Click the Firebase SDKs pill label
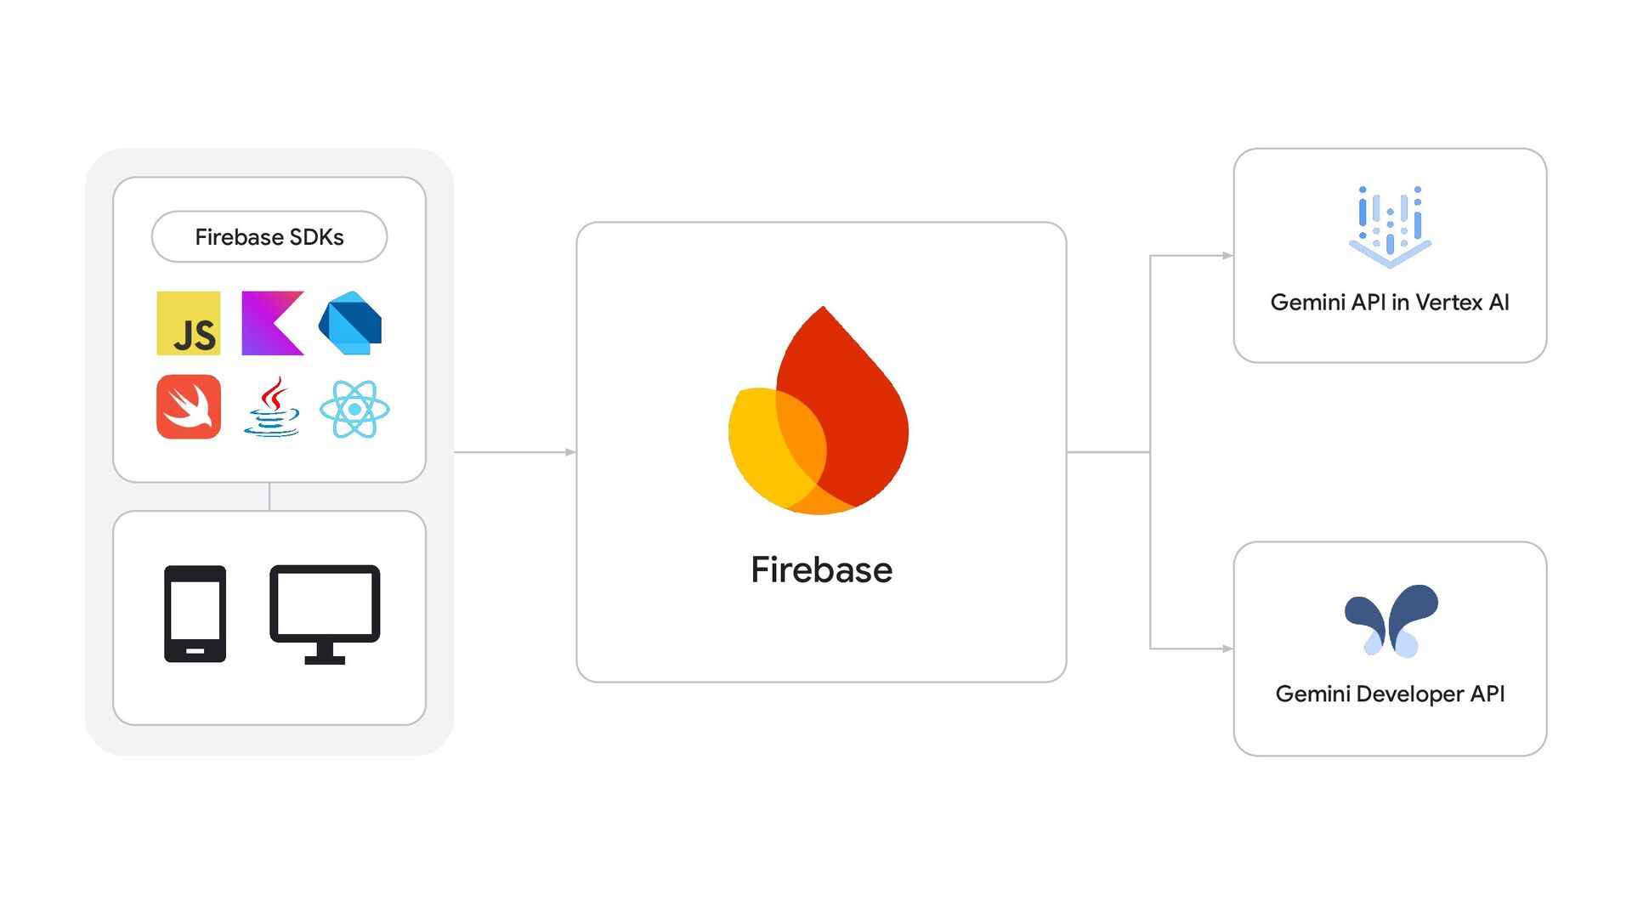click(x=269, y=237)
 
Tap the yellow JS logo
click(x=189, y=324)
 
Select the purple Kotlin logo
click(x=272, y=324)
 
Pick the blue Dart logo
click(x=350, y=324)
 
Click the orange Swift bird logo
click(x=189, y=407)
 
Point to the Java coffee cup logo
click(x=272, y=408)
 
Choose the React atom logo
click(x=354, y=410)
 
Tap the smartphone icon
click(x=195, y=614)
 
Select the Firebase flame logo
click(x=819, y=412)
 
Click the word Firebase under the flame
click(x=821, y=570)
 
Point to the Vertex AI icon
click(x=1390, y=226)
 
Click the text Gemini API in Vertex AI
click(x=1390, y=303)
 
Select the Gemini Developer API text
click(x=1390, y=694)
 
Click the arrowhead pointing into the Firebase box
click(x=571, y=452)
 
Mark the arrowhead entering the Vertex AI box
click(x=1227, y=255)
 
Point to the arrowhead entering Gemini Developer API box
click(x=1227, y=649)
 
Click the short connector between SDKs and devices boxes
click(x=269, y=496)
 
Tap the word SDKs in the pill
click(x=317, y=237)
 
